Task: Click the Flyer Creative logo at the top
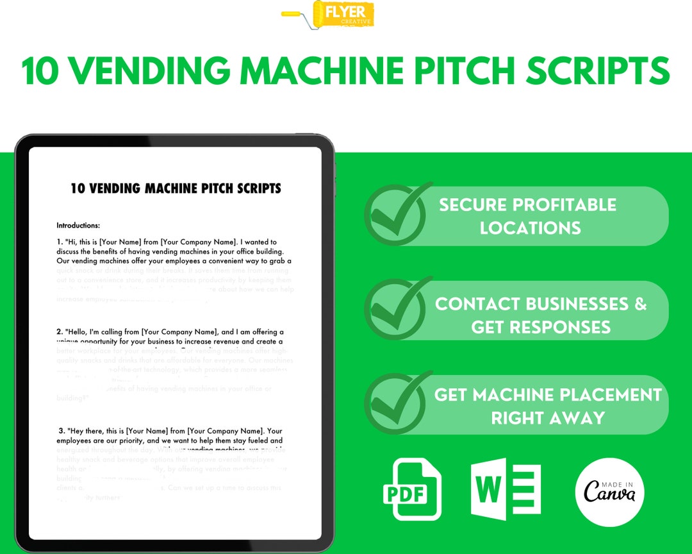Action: coord(329,14)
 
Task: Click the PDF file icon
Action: coord(413,490)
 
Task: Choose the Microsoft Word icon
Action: coord(505,489)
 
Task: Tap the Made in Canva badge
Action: coord(609,491)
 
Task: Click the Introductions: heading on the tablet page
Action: coord(78,226)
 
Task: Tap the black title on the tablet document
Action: coord(176,189)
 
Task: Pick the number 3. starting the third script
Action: coord(62,430)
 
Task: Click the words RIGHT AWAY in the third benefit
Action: coord(548,418)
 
